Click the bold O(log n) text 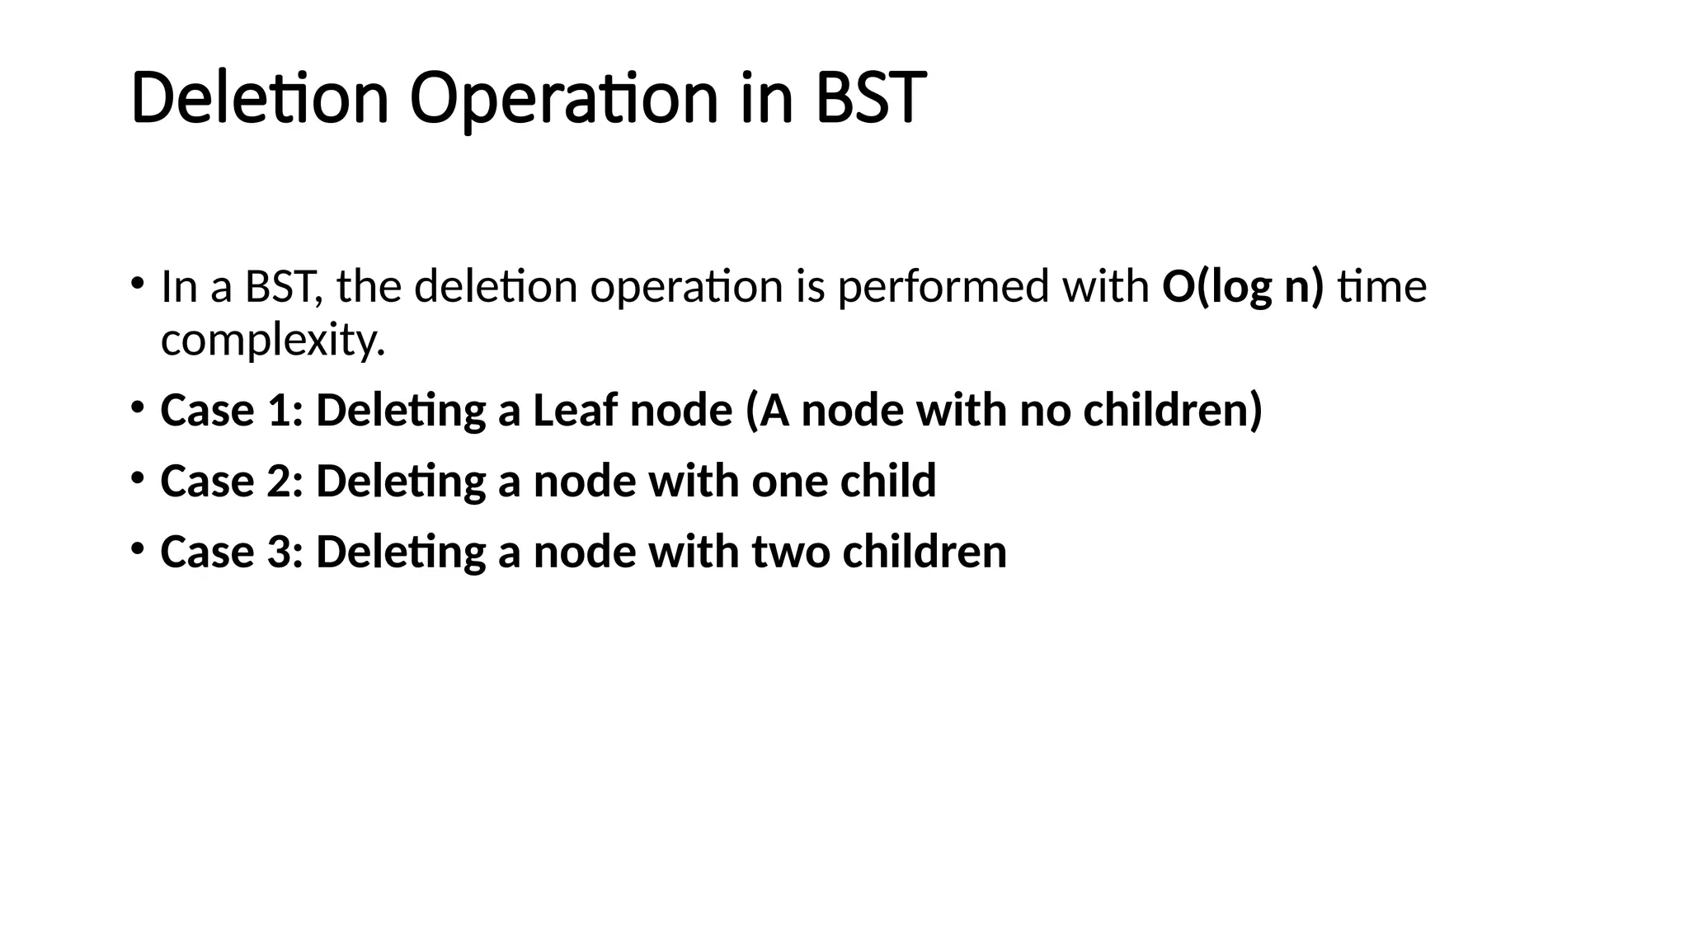pos(1242,287)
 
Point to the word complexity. pos(272,340)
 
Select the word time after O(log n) pos(1381,287)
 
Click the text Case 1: pos(232,410)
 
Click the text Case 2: pos(232,481)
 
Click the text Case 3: pos(232,552)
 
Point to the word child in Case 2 pos(887,481)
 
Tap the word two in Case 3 pos(790,552)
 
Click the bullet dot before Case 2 pos(137,477)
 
